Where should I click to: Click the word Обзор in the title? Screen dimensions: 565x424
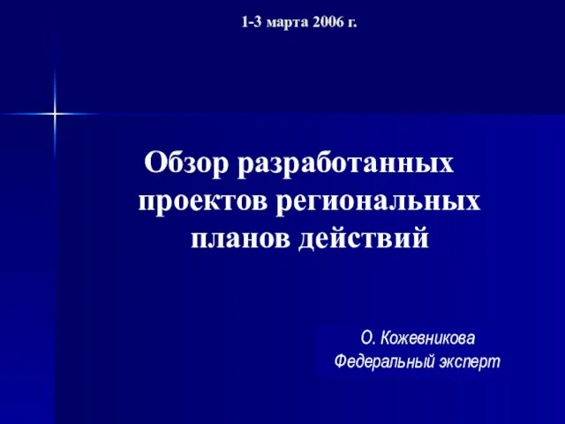click(x=186, y=163)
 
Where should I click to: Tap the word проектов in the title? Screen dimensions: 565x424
click(x=204, y=202)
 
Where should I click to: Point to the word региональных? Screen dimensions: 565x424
click(x=379, y=202)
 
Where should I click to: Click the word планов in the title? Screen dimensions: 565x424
click(x=240, y=238)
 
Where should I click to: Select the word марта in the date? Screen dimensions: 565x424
click(x=288, y=24)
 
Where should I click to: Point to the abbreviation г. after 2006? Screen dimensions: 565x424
click(x=351, y=24)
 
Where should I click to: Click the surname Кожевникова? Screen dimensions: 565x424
click(x=427, y=338)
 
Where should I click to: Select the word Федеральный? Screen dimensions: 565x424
click(x=384, y=361)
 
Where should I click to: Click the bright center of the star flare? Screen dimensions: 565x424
click(x=55, y=114)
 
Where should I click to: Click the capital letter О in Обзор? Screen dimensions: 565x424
click(x=154, y=163)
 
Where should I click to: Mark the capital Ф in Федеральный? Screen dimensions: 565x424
click(x=341, y=361)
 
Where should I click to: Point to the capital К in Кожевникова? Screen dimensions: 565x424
click(x=386, y=338)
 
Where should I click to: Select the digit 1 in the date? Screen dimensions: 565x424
click(x=245, y=22)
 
